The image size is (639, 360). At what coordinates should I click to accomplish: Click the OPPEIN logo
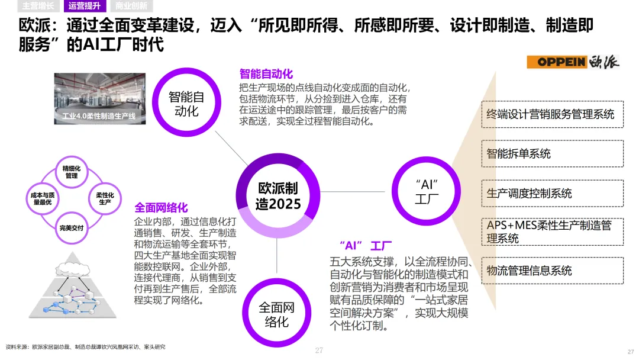(x=573, y=62)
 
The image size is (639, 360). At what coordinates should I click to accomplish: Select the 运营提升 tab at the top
(x=85, y=7)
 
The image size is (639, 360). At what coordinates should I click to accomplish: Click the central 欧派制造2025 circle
(x=278, y=196)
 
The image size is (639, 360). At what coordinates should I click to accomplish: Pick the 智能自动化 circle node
(x=186, y=103)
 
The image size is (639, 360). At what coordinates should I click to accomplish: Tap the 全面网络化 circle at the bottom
(x=276, y=314)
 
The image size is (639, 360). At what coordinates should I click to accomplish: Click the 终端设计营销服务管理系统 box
(x=550, y=114)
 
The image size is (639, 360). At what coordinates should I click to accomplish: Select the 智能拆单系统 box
(x=550, y=153)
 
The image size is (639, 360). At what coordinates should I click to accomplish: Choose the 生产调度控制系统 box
(x=550, y=193)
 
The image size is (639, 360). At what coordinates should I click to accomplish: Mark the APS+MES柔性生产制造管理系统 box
(x=550, y=232)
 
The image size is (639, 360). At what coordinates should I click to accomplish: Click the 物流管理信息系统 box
(x=550, y=271)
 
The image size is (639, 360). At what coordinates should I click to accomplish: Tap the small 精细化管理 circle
(x=71, y=172)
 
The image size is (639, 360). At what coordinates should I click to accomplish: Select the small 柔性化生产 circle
(x=105, y=198)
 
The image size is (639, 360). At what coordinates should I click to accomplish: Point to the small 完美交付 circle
(x=71, y=227)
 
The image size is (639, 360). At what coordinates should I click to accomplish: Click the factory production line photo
(x=99, y=98)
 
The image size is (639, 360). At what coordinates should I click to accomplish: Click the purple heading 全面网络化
(x=161, y=208)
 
